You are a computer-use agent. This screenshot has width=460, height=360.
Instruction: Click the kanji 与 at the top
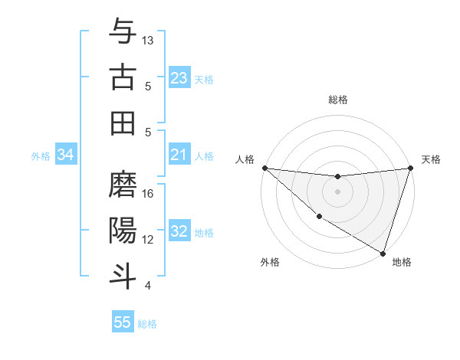pos(123,31)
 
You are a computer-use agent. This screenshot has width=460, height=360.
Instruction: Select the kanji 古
pos(123,77)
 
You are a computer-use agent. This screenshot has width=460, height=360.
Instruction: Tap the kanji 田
pos(123,123)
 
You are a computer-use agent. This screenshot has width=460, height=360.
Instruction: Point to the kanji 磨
pos(123,184)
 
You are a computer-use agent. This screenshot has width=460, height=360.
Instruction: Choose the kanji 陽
pos(123,230)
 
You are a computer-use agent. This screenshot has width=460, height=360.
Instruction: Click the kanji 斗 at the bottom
pos(123,276)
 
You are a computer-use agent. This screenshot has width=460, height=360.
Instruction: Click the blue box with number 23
pos(179,78)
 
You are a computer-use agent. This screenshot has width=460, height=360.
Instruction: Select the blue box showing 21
pos(179,155)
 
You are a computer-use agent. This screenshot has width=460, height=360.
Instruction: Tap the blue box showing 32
pos(179,232)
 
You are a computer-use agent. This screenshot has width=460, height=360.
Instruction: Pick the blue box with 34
pos(66,155)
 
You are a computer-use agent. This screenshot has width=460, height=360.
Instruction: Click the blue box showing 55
pos(123,322)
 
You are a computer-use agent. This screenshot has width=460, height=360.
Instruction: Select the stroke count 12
pos(148,239)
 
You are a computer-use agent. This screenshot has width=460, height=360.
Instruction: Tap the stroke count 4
pos(148,285)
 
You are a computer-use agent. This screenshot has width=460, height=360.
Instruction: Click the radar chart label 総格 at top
pos(337,100)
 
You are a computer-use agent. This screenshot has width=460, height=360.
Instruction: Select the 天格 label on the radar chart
pos(431,159)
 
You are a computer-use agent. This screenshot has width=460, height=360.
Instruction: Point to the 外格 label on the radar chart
pos(270,262)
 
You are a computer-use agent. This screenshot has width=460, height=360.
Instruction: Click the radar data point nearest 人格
pos(264,168)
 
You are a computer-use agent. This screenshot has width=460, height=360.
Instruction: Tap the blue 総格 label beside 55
pos(147,323)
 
